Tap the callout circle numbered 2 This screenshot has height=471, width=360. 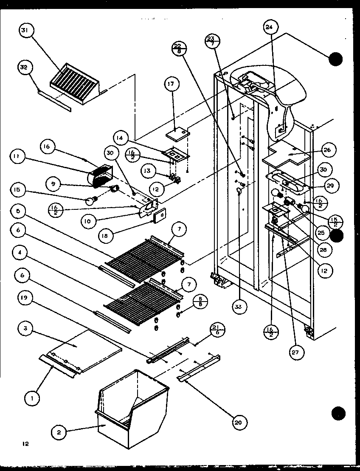(x=59, y=432)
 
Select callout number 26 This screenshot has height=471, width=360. (x=329, y=150)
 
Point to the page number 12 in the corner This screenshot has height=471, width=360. (x=26, y=444)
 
